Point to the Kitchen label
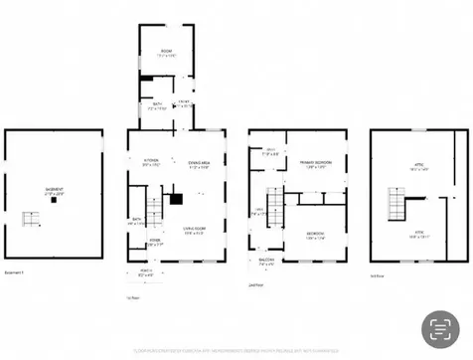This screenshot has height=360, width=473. pos(151,162)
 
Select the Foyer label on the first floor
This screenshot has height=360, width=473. pos(155,241)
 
